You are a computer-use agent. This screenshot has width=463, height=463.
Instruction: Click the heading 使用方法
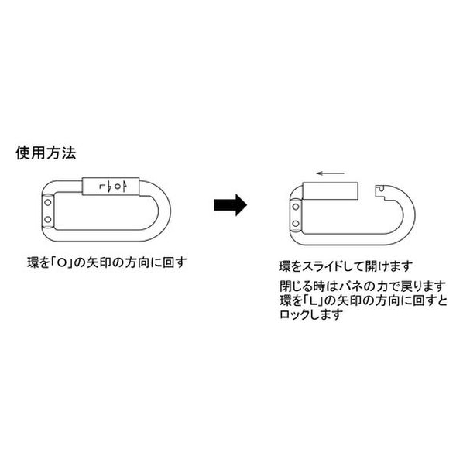[x=46, y=153]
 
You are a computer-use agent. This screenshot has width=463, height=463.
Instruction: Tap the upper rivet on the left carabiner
[x=48, y=203]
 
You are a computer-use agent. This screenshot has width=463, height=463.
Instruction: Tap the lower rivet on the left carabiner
[x=48, y=219]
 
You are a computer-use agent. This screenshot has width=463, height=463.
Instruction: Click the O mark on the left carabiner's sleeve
[x=118, y=187]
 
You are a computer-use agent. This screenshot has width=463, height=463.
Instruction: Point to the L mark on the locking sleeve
[x=102, y=187]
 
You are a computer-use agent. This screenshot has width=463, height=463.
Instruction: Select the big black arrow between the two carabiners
[x=230, y=205]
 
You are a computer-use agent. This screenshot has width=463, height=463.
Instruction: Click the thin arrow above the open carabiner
[x=330, y=173]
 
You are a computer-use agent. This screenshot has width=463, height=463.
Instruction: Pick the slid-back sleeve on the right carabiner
[x=331, y=190]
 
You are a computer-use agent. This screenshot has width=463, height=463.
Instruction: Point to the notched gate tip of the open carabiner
[x=380, y=191]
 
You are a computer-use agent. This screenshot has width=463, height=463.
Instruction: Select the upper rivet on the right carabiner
[x=296, y=207]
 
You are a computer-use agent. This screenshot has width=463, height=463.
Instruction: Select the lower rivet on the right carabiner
[x=296, y=223]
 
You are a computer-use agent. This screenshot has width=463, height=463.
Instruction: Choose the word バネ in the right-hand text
[x=354, y=286]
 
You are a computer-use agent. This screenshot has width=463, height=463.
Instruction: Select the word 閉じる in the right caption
[x=293, y=286]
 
